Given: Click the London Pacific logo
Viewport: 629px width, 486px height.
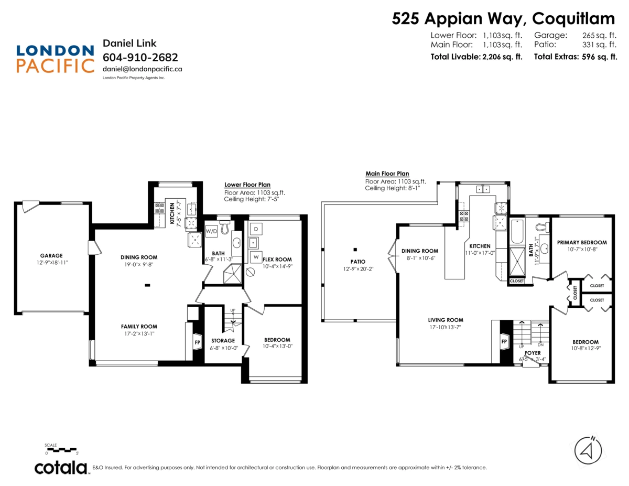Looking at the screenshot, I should (55, 58).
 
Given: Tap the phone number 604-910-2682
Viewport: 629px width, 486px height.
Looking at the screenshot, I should (140, 57).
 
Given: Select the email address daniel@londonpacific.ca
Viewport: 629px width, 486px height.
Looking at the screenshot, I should (142, 69).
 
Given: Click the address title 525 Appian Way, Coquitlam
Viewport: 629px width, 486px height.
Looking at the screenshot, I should (503, 19).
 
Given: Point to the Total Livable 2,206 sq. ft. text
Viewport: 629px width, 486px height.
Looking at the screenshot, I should (476, 57).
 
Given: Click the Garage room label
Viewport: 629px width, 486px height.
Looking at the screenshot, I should (51, 256).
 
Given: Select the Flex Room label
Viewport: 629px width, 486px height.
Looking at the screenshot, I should (277, 260).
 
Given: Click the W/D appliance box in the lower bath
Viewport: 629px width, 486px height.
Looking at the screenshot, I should (211, 231).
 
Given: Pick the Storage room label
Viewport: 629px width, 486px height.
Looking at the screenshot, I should (223, 341).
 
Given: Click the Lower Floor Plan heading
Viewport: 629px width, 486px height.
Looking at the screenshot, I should (247, 185).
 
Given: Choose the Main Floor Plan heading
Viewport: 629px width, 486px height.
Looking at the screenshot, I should (387, 174).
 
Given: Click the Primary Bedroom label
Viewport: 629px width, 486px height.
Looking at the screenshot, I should (582, 242).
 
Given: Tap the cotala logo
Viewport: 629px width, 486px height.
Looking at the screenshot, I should (61, 467).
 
